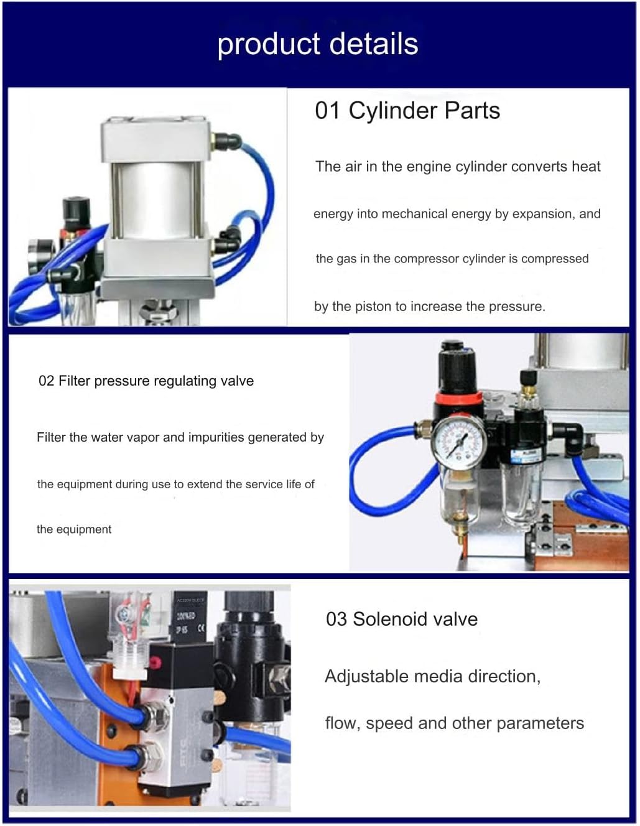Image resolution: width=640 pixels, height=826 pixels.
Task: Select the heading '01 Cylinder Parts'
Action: click(407, 111)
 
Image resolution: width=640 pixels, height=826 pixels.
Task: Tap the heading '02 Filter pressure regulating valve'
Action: click(146, 381)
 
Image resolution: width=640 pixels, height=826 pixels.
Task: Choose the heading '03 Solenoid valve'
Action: click(402, 619)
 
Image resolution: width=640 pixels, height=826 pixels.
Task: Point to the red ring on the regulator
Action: click(459, 399)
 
